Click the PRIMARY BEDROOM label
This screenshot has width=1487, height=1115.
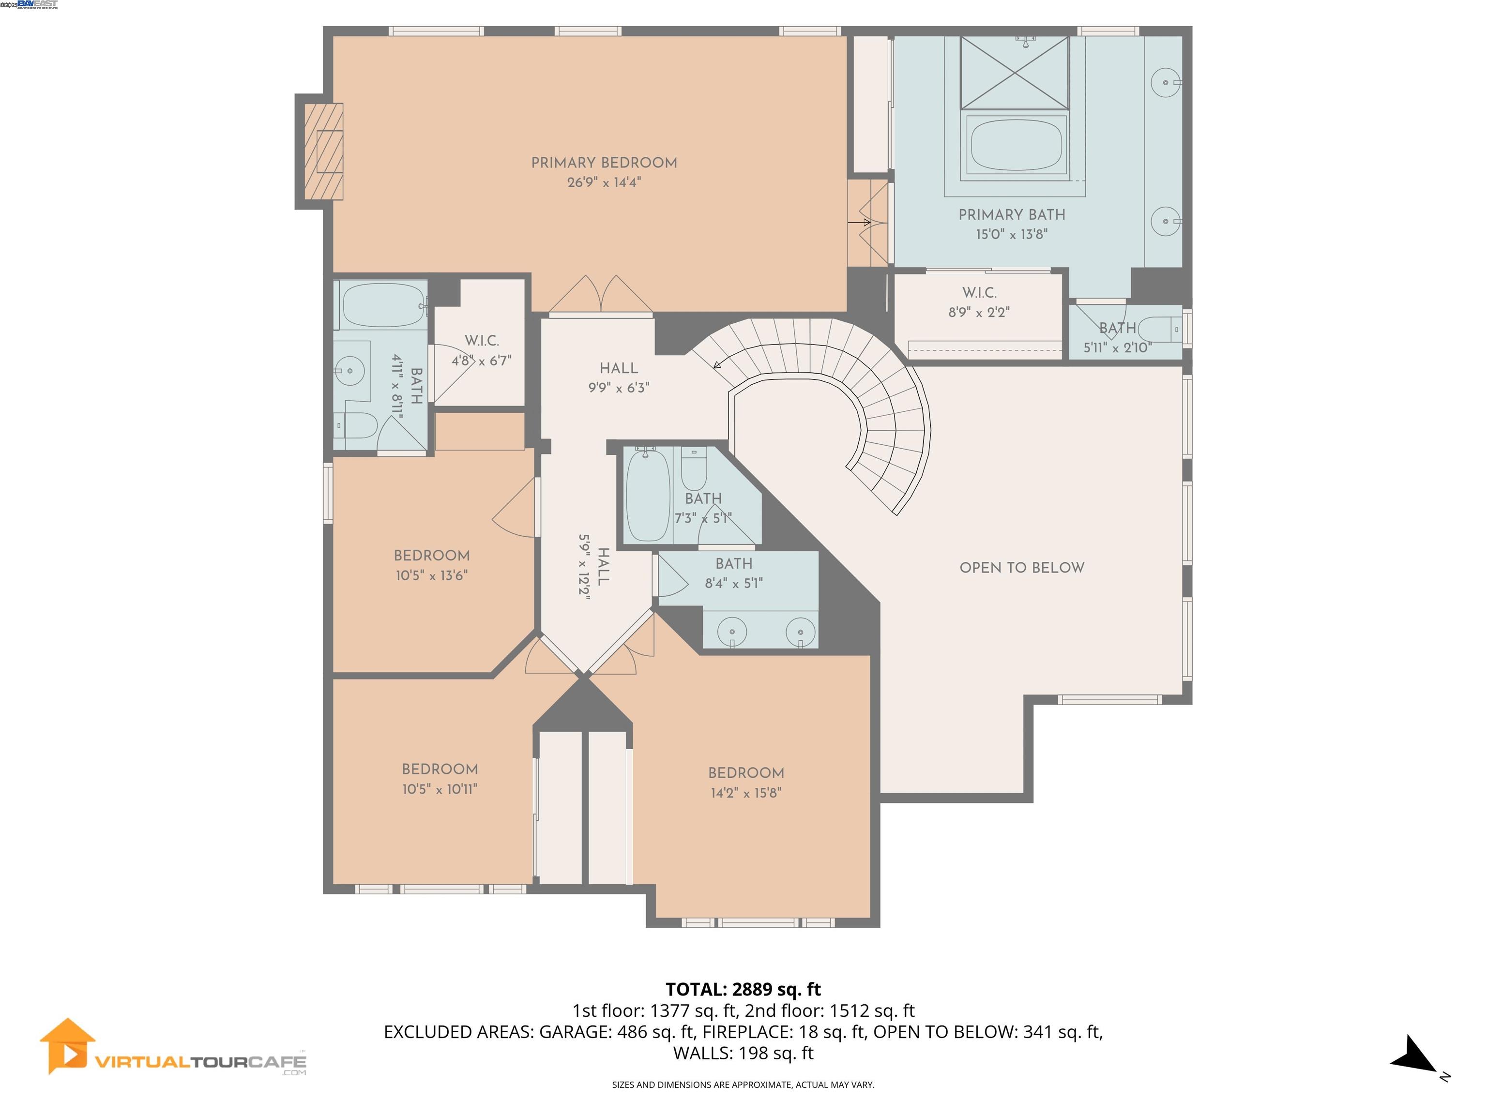(x=604, y=163)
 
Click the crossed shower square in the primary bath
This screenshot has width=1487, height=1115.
(x=1015, y=73)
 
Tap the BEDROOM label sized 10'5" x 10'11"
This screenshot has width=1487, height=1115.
(x=440, y=769)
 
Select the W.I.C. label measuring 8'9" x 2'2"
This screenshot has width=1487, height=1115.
(x=979, y=293)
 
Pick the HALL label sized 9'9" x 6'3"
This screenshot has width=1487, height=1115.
(x=619, y=368)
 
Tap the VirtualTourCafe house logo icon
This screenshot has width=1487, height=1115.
(x=67, y=1046)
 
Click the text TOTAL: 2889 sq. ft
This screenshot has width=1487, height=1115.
(x=743, y=989)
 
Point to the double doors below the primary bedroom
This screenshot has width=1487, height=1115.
(x=600, y=296)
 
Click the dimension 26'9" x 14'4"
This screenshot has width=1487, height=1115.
(x=604, y=182)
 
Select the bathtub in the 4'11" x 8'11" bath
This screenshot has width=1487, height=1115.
(x=382, y=305)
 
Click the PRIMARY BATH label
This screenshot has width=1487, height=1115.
(x=1011, y=215)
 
